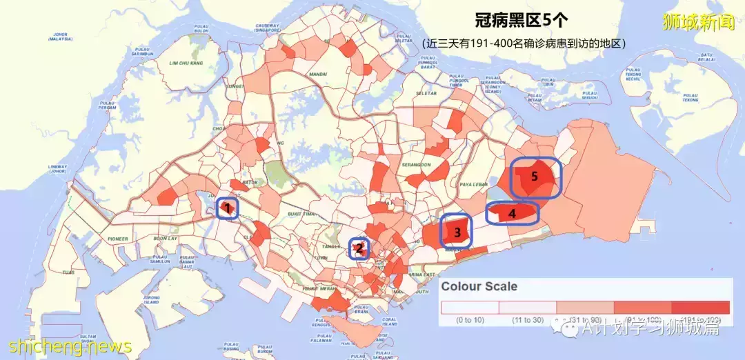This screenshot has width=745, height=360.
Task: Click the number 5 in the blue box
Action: (534, 176)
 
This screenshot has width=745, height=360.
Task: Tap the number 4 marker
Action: (512, 214)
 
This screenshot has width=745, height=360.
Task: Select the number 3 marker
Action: (457, 233)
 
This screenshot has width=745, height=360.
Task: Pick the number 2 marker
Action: (359, 248)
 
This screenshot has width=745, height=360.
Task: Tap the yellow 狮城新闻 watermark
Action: (698, 23)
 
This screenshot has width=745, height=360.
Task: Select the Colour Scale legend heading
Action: (479, 286)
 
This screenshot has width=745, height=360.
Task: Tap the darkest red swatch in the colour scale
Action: (700, 307)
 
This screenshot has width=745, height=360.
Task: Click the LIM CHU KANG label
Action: (186, 63)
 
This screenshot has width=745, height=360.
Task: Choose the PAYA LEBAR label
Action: (474, 184)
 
